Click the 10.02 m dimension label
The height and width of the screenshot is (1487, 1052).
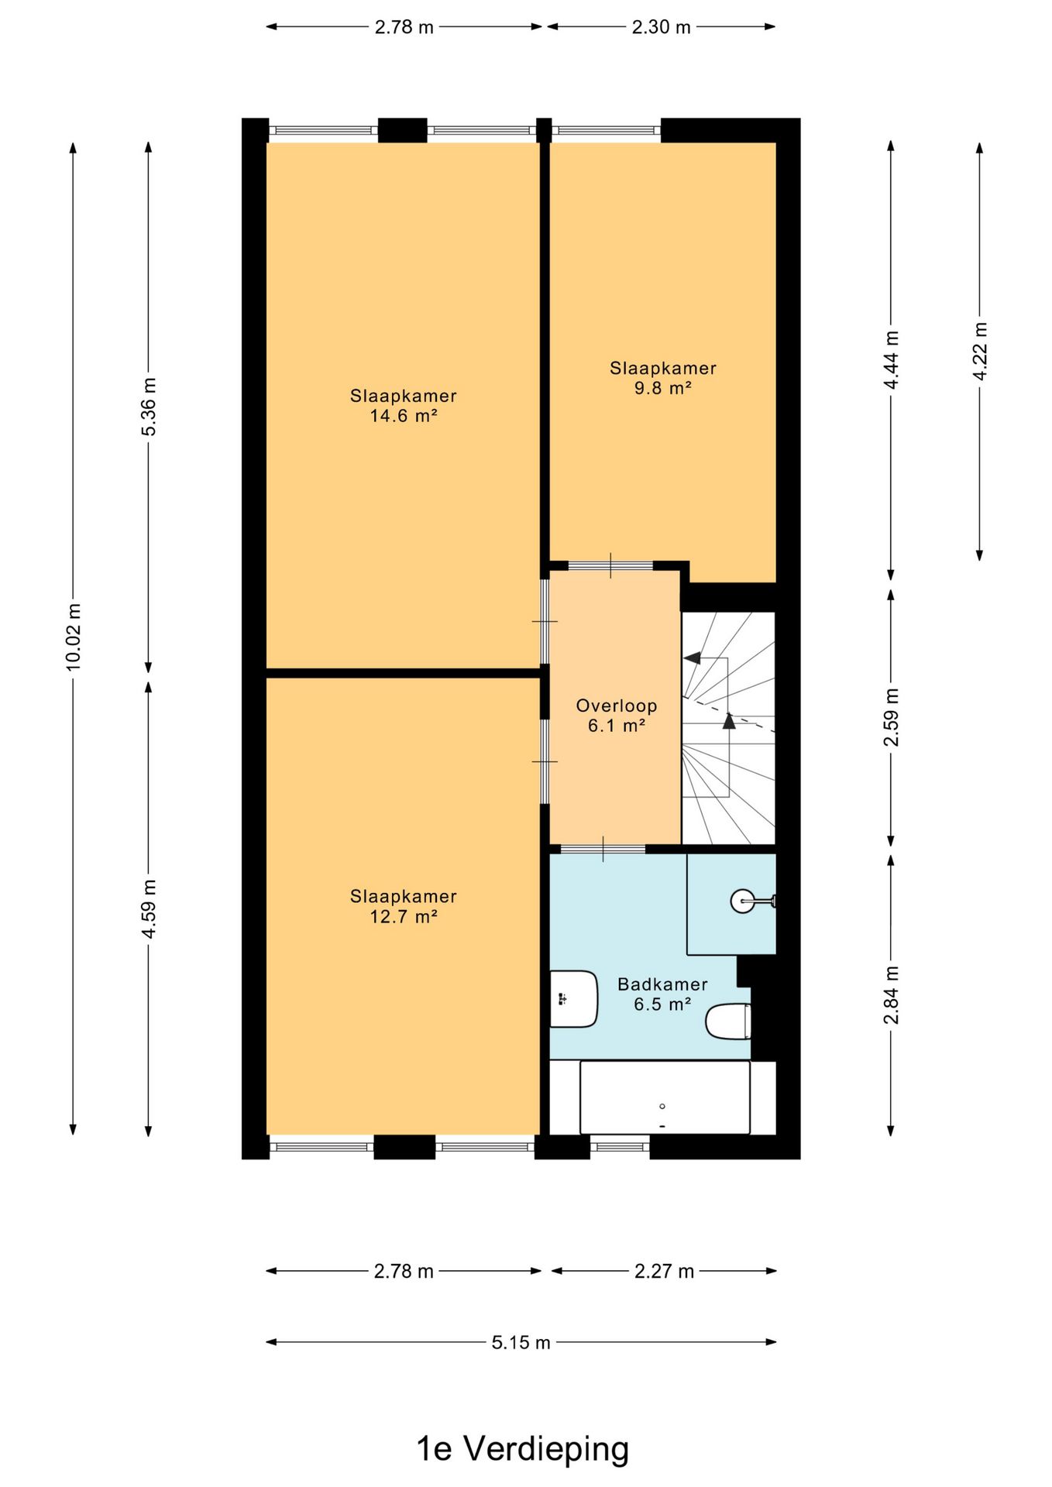pos(73,636)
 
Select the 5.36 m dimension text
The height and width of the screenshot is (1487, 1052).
pos(149,407)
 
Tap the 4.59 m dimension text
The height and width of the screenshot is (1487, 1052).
pos(149,908)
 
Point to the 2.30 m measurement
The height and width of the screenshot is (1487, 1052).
pos(661,27)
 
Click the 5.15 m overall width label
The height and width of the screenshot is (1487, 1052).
pos(521,1342)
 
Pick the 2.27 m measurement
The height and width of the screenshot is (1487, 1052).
pos(664,1271)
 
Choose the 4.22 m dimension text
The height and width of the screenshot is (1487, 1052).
pos(980,351)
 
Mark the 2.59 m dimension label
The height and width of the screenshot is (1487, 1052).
pos(892,716)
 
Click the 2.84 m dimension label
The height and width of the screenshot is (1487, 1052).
pos(892,994)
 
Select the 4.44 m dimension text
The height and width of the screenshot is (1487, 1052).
pos(892,360)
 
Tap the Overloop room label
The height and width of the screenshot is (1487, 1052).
pos(617,706)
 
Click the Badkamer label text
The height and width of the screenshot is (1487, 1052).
pos(662,984)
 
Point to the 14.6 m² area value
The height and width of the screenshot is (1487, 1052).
pos(404,416)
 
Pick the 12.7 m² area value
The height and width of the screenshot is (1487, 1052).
pos(404,916)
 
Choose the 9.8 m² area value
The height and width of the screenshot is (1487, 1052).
pos(662,388)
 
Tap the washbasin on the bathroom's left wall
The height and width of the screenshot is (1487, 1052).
pos(573,999)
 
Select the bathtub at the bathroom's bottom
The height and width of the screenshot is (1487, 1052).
pos(665,1097)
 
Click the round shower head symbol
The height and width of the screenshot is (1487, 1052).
pos(742,901)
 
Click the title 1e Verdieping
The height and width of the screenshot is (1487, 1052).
pos(523,1448)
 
